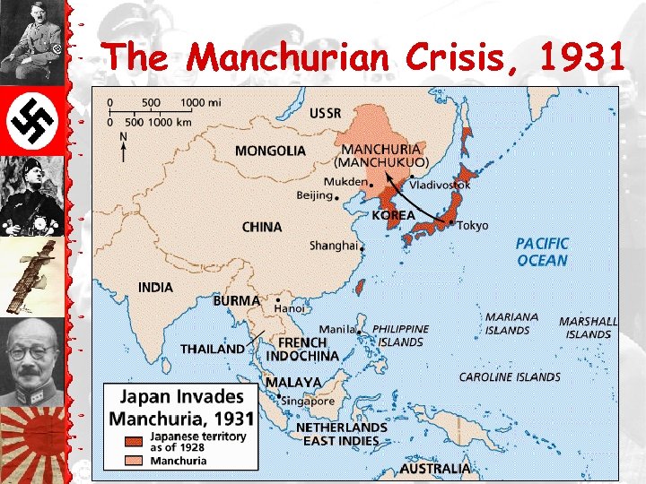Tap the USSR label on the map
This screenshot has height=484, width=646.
click(x=325, y=113)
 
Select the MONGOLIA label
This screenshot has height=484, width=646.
click(x=270, y=151)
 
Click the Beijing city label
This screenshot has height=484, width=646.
click(x=314, y=194)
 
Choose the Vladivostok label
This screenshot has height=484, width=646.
click(x=440, y=185)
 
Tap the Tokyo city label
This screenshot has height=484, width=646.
click(x=473, y=225)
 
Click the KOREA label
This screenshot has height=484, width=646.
click(x=394, y=215)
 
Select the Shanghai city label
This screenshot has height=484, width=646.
click(x=333, y=245)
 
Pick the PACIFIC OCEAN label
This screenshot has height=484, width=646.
click(x=542, y=252)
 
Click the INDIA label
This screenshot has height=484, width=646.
click(x=155, y=288)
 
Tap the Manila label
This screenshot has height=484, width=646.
click(x=336, y=330)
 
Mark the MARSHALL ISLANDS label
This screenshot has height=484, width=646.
click(x=588, y=327)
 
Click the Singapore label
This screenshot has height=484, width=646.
click(x=310, y=402)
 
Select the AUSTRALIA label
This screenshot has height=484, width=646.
click(x=435, y=468)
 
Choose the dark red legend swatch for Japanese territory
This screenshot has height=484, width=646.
click(x=134, y=441)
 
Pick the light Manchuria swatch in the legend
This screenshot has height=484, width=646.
click(x=134, y=461)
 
